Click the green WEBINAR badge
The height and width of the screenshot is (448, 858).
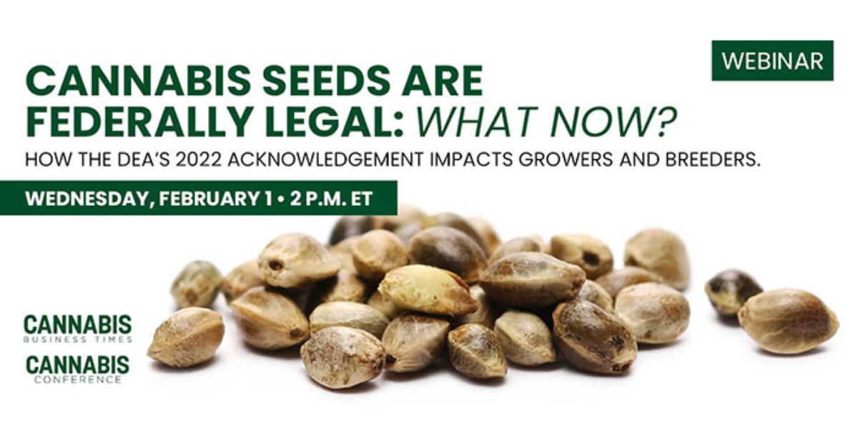(x=772, y=61)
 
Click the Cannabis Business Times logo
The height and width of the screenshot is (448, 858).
(x=78, y=329)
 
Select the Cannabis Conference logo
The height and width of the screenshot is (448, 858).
(x=77, y=369)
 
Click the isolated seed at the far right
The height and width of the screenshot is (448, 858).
(x=787, y=321)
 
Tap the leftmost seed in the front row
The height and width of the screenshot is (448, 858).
(x=186, y=337)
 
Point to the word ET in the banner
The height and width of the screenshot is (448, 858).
(x=362, y=199)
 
